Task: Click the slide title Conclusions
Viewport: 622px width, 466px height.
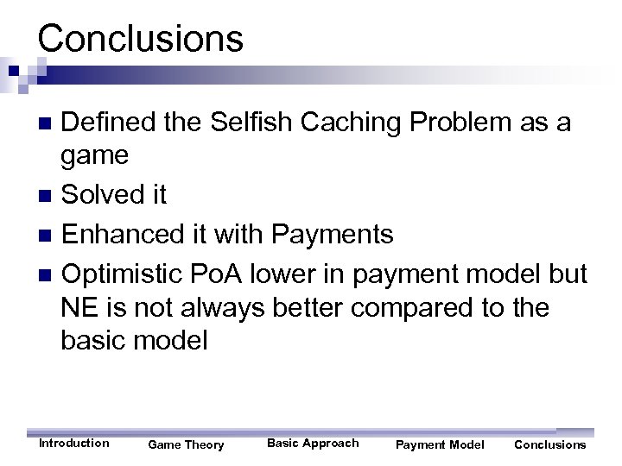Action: (x=141, y=38)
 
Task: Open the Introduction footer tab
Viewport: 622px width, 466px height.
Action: (x=74, y=444)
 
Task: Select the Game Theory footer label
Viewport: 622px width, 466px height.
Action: (x=186, y=445)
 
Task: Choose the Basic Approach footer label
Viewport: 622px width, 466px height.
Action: (x=313, y=444)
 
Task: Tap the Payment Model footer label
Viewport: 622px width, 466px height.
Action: (x=440, y=445)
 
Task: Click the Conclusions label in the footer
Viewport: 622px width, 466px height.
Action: (x=549, y=445)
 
